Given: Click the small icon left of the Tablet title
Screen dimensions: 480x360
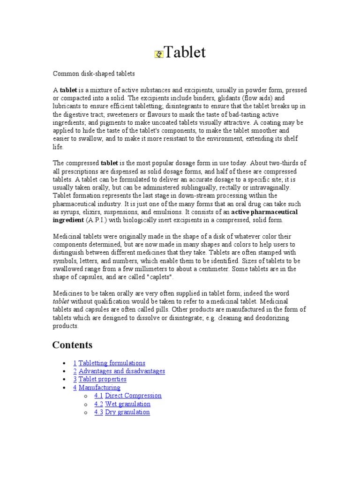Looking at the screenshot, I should point(158,54).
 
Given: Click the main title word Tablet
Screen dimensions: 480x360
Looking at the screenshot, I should point(185,52).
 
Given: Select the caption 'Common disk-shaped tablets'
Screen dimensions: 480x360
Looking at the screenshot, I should point(94,74).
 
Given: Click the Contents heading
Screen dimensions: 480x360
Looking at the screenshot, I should point(72,345).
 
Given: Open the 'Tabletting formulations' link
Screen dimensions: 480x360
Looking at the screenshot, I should point(112,363).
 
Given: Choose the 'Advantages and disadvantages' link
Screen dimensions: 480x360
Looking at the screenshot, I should point(121,371).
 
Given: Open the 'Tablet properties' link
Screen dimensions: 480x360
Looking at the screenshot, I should point(102,379).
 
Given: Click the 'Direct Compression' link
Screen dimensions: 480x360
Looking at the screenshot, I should point(133,396).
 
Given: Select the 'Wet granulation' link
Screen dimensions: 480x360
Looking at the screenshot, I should point(127,404).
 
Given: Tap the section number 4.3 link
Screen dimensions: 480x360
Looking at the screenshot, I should point(98,412).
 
